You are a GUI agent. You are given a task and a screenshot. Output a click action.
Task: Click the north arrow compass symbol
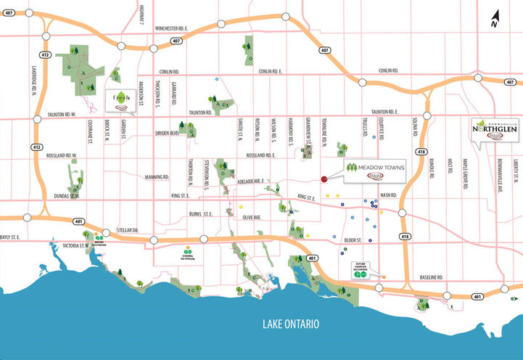[x=493, y=20]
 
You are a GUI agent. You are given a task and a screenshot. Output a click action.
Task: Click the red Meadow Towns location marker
[x=323, y=179]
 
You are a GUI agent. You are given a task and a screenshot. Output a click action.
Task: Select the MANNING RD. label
[x=157, y=176]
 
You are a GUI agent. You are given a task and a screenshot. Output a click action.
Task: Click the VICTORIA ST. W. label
[x=75, y=245]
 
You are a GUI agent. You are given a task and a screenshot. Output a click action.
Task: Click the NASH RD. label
[x=388, y=195]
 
